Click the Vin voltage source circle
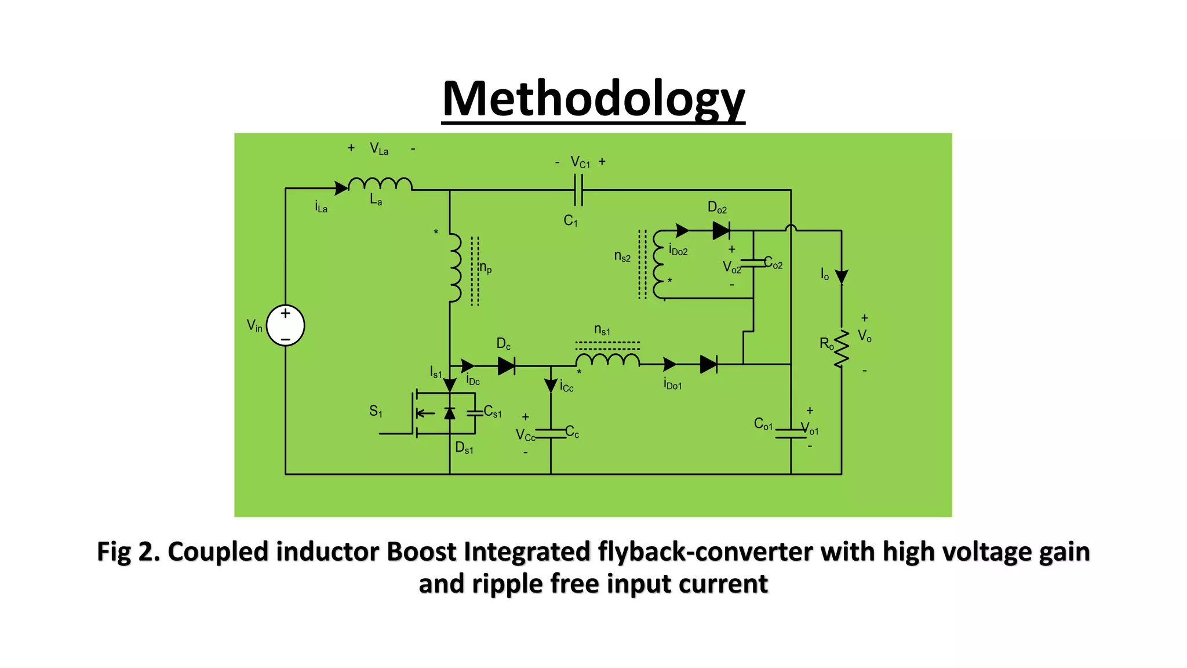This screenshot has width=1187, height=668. (x=285, y=325)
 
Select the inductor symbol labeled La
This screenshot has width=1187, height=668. (x=380, y=184)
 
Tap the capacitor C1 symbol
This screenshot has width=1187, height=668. (x=578, y=190)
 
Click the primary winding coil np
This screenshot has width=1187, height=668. (x=455, y=268)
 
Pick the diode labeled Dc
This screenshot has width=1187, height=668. (x=506, y=365)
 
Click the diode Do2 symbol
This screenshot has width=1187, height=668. (x=721, y=231)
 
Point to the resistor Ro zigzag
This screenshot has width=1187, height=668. (x=842, y=348)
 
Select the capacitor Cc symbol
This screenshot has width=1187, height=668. (x=551, y=433)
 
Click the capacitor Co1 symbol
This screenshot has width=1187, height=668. (x=791, y=433)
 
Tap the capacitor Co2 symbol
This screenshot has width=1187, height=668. (x=753, y=264)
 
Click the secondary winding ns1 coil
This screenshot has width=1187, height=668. (x=607, y=360)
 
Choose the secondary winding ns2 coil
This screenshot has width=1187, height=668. (x=659, y=264)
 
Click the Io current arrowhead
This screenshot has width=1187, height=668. (x=842, y=277)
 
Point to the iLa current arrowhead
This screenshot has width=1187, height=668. (x=341, y=188)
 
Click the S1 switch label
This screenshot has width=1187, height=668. (x=376, y=412)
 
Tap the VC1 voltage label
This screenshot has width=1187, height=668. (x=580, y=162)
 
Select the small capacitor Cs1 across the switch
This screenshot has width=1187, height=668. (x=475, y=412)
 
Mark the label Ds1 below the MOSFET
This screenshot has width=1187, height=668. (x=464, y=448)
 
